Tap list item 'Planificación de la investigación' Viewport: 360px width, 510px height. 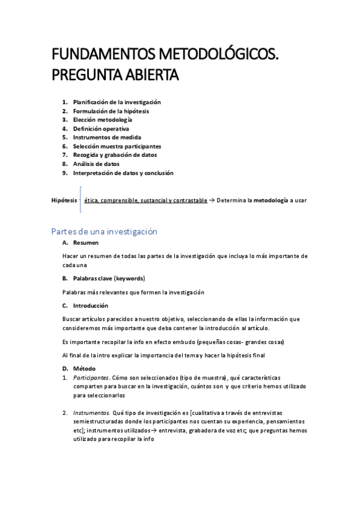coord(117,102)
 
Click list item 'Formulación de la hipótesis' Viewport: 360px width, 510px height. coord(111,111)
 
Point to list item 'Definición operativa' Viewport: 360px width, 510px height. coord(101,129)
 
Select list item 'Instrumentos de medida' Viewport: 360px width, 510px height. coord(107,137)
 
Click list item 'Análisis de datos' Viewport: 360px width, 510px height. coord(96,164)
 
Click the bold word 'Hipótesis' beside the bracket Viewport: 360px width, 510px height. coord(64,200)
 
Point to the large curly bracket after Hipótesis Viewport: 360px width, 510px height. coord(81,200)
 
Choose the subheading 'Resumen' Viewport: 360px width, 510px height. coord(86,244)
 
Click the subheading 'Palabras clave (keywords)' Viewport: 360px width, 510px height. coord(109,278)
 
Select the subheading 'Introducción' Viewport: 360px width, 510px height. coord(91,305)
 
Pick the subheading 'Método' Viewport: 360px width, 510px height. coord(84,368)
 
